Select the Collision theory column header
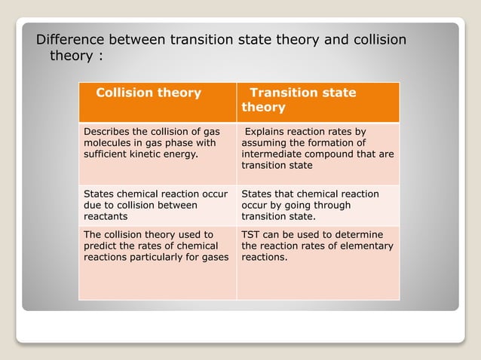tap(149, 93)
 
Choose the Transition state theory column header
tap(299, 99)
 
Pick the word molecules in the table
tap(107, 143)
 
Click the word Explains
tap(269, 132)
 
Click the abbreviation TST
tap(252, 235)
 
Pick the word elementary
tap(366, 246)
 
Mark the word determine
tap(358, 235)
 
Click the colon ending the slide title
tap(100, 56)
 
